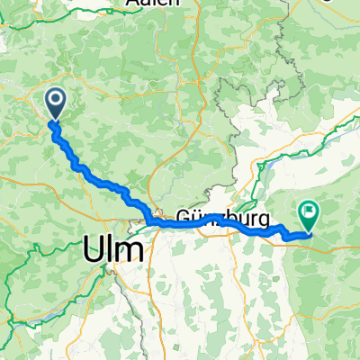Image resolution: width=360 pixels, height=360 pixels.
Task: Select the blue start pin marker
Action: (55, 103)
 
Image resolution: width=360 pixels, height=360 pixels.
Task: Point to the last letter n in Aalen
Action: (171, 4)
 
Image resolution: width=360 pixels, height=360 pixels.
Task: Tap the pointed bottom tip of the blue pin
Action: (55, 120)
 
